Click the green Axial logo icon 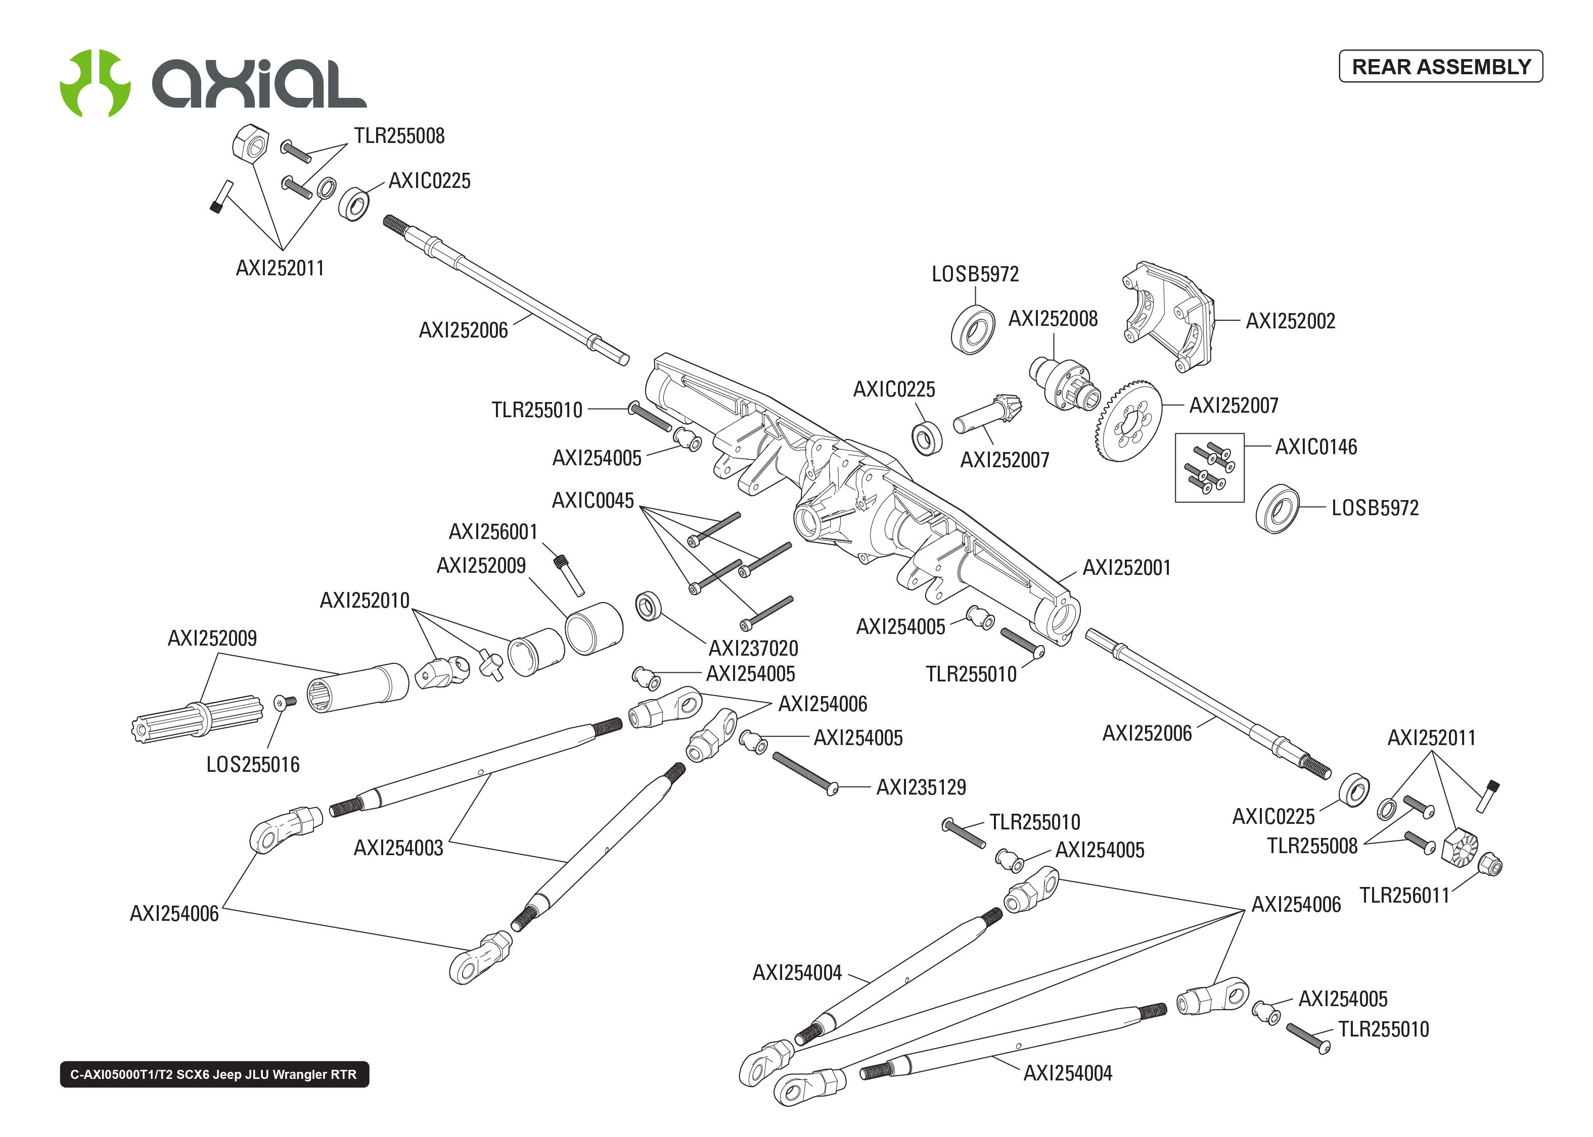click(x=95, y=83)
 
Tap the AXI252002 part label click(x=1290, y=321)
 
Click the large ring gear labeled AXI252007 click(x=1127, y=421)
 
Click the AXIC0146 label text click(x=1315, y=447)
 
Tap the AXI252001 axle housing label click(x=1126, y=567)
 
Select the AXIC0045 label click(x=592, y=500)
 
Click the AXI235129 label click(x=921, y=787)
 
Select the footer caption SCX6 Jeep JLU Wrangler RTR click(x=214, y=1074)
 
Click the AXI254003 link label click(x=398, y=848)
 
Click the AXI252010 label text click(x=365, y=600)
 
